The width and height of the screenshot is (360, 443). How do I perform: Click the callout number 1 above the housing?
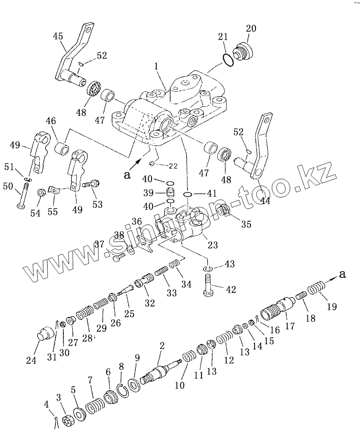(157, 68)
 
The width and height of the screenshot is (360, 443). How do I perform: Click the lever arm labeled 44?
(259, 149)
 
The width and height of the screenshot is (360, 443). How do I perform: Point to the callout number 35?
(246, 224)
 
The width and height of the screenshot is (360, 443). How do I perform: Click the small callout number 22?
(173, 166)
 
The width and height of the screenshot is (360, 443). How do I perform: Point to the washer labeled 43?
(208, 269)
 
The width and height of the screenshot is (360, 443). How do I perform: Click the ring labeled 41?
(188, 193)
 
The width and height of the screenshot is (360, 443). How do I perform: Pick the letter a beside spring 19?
(343, 274)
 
